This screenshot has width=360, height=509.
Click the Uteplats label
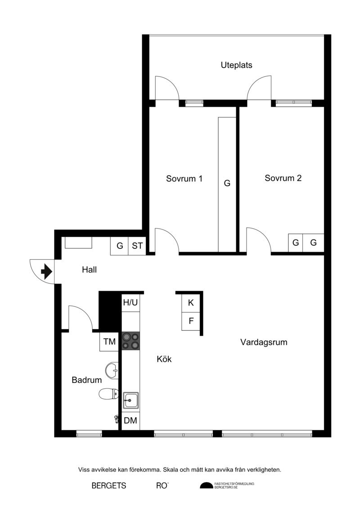(x=236, y=65)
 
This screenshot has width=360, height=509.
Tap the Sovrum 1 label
(x=184, y=179)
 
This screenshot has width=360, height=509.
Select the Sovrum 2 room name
(x=283, y=178)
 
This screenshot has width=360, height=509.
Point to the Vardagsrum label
(x=264, y=342)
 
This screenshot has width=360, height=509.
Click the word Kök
(x=164, y=359)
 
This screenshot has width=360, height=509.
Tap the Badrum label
(x=87, y=380)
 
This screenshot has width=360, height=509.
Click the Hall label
(x=89, y=270)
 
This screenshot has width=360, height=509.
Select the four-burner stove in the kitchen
(x=130, y=341)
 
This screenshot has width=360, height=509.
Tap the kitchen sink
(x=130, y=400)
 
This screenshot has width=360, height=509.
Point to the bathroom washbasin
(x=112, y=370)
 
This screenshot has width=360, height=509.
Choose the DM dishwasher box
(x=130, y=421)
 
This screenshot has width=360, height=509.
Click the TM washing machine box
(x=109, y=342)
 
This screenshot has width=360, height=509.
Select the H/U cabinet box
(x=130, y=303)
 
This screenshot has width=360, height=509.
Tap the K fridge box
(x=191, y=303)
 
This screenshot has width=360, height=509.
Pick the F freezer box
(x=191, y=321)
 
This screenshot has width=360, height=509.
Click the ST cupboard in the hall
(x=137, y=246)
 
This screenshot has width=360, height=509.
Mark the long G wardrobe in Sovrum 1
(x=227, y=185)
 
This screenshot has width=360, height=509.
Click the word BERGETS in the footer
(x=109, y=486)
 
